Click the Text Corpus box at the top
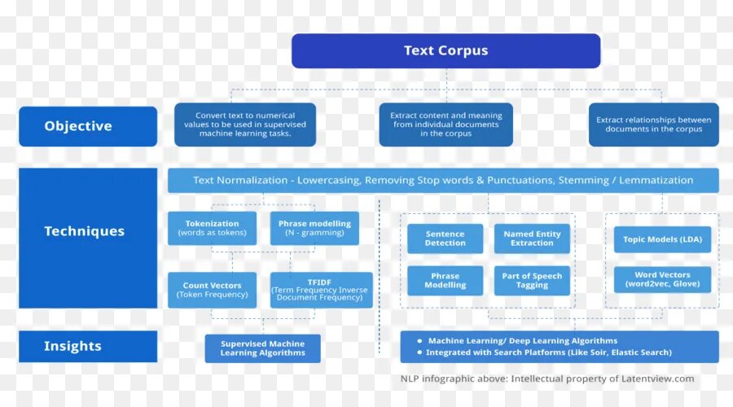446,50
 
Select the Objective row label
88,126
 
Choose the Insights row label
88,346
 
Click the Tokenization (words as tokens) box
212,228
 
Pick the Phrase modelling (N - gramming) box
314,228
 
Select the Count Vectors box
212,290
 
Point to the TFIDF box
321,290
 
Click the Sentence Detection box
445,239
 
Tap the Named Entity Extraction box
532,239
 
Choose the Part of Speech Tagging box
532,281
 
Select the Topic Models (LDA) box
662,239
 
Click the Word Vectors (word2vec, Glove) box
662,280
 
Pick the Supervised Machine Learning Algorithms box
262,348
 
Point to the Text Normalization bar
443,180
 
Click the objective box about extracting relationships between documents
653,125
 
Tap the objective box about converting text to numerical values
245,125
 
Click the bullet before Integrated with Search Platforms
419,352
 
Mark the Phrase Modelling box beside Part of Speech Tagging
445,281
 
